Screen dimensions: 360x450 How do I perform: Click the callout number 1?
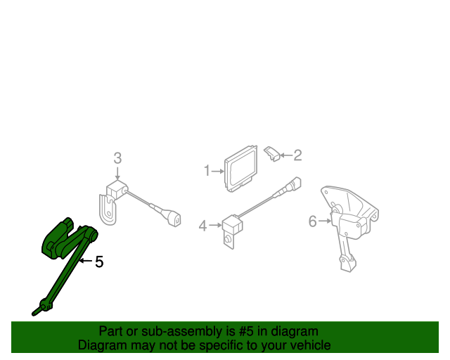[x=207, y=170]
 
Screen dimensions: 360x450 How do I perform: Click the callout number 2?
[x=297, y=155]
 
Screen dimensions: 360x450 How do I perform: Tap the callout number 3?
[x=117, y=157]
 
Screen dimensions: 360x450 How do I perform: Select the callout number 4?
[x=202, y=226]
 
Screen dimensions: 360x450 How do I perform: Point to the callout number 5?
[x=99, y=262]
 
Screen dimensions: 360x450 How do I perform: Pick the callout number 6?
[x=313, y=222]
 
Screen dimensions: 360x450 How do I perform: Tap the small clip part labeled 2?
[x=272, y=153]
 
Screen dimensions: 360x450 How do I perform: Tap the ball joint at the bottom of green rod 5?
[x=44, y=304]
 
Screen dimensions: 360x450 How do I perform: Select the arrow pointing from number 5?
[x=85, y=262]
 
